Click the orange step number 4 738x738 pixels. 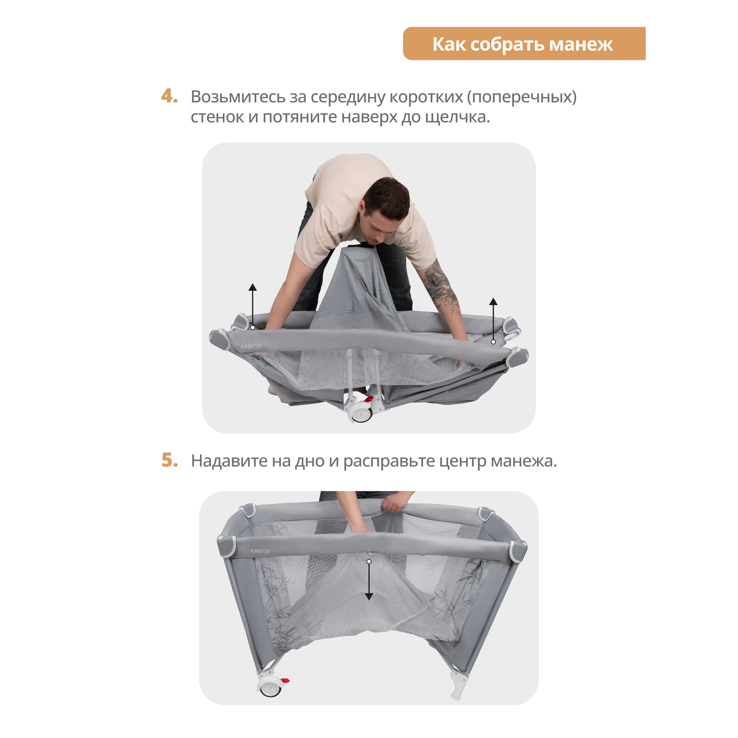tap(169, 96)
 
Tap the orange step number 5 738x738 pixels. tap(170, 460)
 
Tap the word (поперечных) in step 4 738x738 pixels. tap(522, 97)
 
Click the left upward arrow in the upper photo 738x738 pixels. tap(252, 306)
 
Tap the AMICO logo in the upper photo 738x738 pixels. tap(250, 347)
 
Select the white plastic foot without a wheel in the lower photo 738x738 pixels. tap(458, 686)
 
